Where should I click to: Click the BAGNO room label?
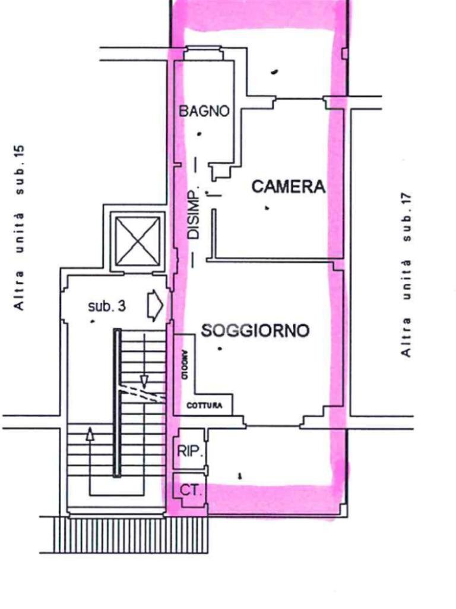click(204, 111)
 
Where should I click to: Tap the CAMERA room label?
click(289, 187)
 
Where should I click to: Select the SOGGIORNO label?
click(255, 331)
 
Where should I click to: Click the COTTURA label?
click(205, 406)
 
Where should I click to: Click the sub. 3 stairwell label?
click(107, 307)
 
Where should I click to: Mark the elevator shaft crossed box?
click(138, 241)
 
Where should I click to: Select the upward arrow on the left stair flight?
click(90, 434)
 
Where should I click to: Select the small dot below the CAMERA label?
click(267, 208)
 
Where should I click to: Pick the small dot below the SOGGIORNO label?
click(220, 348)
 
